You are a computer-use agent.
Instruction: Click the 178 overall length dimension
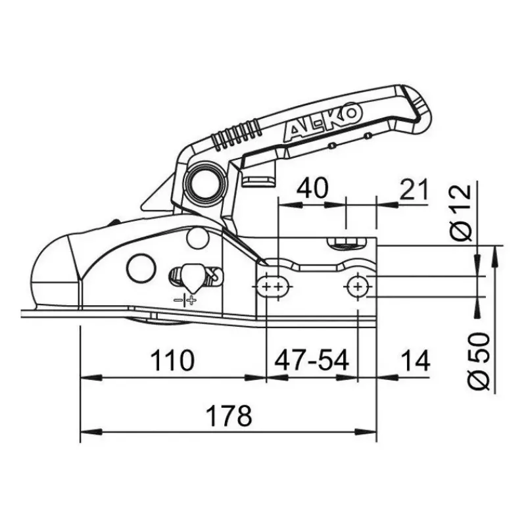pos(228,416)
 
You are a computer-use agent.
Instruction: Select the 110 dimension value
pos(172,360)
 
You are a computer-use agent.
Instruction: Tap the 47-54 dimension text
pos(312,360)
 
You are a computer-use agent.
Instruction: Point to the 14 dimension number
pos(416,360)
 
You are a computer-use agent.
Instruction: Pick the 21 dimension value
pos(414,189)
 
